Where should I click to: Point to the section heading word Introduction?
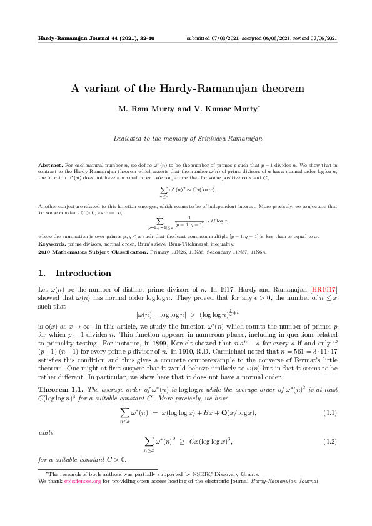point(83,273)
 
